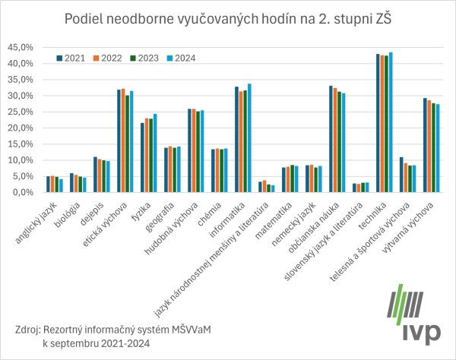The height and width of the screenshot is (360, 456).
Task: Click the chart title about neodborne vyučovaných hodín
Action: pyautogui.click(x=228, y=18)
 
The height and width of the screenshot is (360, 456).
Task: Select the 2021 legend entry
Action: pyautogui.click(x=74, y=56)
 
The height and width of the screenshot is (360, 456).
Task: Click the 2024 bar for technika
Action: pyautogui.click(x=391, y=122)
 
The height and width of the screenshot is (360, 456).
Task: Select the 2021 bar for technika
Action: pyautogui.click(x=378, y=123)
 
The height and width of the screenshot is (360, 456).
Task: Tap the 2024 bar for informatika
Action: pyautogui.click(x=249, y=137)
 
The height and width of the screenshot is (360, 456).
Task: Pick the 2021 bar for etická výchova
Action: pyautogui.click(x=119, y=141)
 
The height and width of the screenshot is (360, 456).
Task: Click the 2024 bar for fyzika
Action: pyautogui.click(x=155, y=153)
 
